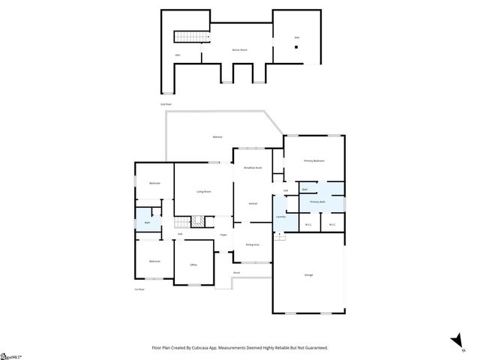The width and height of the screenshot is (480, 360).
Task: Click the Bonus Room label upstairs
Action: coord(238,49)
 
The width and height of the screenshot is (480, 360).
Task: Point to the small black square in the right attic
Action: coord(296,47)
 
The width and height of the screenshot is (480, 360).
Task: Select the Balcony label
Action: coord(217,136)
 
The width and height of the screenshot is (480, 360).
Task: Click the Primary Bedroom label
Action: coord(313,160)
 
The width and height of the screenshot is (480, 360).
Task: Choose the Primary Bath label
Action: coord(318,202)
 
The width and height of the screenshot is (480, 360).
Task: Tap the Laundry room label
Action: coord(280,217)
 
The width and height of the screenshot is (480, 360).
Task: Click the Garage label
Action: coord(310,275)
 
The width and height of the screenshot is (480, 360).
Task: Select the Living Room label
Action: coord(203,192)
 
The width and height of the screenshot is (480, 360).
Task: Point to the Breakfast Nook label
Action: coord(253,168)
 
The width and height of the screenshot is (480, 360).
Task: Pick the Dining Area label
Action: coord(253,245)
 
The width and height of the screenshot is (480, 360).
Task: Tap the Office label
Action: coord(193,265)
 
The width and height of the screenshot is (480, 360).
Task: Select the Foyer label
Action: coord(223,235)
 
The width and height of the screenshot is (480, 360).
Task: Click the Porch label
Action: coord(236,272)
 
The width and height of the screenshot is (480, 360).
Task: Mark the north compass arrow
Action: coord(454,340)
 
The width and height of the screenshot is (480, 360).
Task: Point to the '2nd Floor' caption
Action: coord(166,103)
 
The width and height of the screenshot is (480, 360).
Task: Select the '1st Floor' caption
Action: coord(139,289)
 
